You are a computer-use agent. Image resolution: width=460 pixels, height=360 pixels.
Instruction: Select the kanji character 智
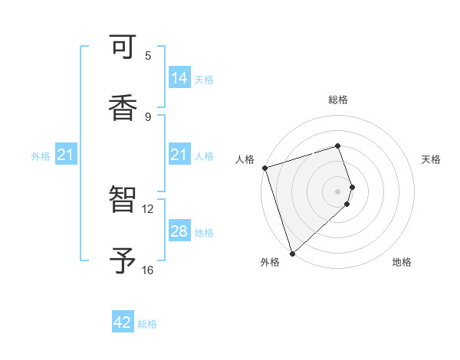coord(123,201)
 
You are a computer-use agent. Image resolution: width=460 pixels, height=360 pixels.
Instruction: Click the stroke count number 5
coord(148,55)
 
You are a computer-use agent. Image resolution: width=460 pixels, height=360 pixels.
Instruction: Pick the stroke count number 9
coord(148,116)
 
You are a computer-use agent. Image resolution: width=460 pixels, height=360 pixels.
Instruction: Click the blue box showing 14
coord(179,78)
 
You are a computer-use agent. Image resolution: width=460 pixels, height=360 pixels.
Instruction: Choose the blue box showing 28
coord(179,231)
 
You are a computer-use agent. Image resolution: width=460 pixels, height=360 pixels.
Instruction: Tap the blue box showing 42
coord(123,323)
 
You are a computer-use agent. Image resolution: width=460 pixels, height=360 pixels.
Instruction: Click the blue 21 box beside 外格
coord(66,155)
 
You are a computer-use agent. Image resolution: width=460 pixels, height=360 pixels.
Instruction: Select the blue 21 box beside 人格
coord(179,155)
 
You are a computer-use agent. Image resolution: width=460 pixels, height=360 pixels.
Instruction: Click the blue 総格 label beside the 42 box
coord(147,324)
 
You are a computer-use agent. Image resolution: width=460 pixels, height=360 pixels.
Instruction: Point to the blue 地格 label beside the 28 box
coord(204,232)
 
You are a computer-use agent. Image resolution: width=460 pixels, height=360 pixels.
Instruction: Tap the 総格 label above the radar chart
coord(337,100)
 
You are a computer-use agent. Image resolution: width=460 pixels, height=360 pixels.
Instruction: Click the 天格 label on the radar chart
coord(432,159)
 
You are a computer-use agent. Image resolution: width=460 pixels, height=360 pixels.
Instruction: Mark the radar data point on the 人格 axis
coord(264,168)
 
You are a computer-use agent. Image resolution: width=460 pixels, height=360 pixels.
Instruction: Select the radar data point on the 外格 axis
coord(292,253)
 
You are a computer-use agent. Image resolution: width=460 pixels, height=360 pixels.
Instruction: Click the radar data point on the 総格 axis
coord(337,146)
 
